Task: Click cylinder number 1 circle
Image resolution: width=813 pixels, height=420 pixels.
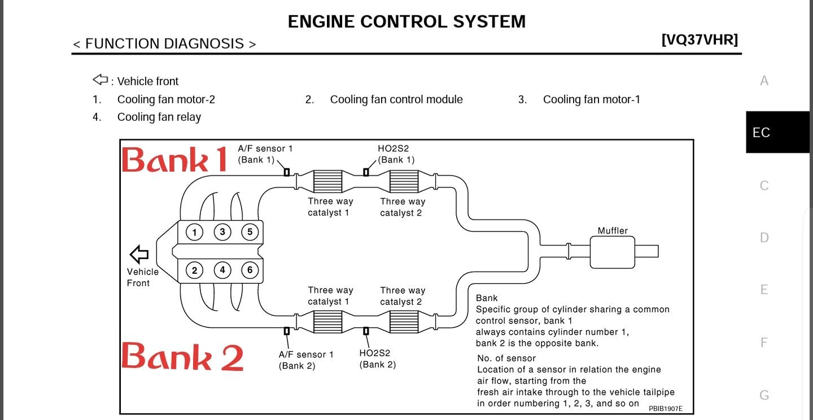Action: point(194,232)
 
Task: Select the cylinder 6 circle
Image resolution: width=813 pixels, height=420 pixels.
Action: point(250,270)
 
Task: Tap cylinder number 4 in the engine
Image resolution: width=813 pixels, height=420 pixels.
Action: point(222,270)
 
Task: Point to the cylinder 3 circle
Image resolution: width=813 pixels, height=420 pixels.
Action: point(222,232)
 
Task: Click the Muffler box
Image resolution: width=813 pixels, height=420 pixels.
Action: point(612,252)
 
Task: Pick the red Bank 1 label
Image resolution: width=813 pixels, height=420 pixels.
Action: point(174,160)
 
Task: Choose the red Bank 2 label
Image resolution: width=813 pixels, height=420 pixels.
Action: point(182,357)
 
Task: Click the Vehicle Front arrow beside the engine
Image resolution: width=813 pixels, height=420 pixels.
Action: point(139,253)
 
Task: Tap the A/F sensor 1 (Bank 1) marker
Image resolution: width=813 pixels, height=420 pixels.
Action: point(287,172)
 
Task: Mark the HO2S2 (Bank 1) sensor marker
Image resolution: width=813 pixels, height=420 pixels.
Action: point(366,172)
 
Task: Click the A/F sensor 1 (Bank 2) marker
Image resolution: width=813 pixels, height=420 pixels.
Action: point(287,330)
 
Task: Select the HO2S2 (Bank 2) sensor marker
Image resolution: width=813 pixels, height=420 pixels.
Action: point(366,330)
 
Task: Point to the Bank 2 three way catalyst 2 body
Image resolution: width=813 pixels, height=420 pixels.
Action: point(404,322)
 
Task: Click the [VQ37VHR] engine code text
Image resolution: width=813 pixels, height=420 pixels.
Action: point(700,40)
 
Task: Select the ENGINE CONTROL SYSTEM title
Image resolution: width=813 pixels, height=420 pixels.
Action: point(406,22)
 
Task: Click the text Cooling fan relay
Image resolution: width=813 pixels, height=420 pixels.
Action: point(159,117)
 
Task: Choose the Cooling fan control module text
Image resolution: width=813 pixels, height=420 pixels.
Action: point(396,100)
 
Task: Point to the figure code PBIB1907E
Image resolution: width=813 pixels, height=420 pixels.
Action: point(665,408)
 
